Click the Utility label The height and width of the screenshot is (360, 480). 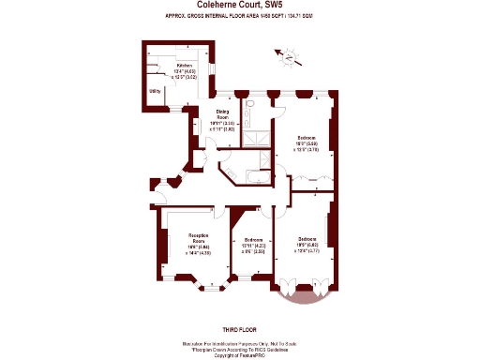[x=155, y=91]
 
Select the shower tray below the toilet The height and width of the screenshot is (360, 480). [x=253, y=137]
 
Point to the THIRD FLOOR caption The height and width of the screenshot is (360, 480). [x=240, y=328]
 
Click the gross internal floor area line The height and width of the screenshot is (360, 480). [x=240, y=17]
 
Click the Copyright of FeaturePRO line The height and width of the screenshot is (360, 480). [x=240, y=356]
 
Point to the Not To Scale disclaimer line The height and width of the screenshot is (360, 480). [x=240, y=343]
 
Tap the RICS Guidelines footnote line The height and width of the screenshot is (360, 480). [x=240, y=350]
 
